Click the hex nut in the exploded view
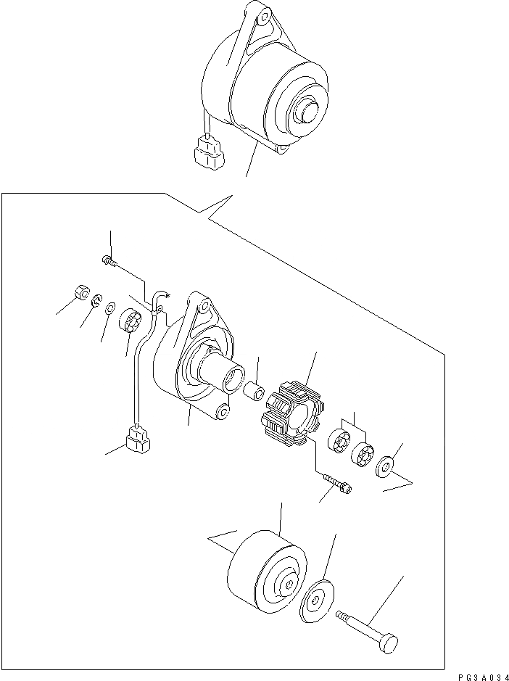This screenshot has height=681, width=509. tap(80, 294)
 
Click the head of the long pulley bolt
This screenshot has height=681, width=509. tap(389, 642)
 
